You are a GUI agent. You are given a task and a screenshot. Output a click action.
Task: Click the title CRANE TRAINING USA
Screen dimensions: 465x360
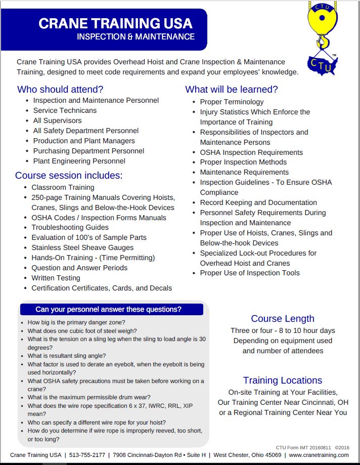click(115, 23)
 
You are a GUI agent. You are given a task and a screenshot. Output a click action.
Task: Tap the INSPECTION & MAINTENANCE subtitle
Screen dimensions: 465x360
click(136, 37)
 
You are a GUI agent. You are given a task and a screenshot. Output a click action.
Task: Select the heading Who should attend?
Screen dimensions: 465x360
click(60, 90)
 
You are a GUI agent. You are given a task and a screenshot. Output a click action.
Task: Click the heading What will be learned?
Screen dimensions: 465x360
click(232, 90)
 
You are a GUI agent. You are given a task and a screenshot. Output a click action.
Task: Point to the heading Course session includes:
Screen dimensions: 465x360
click(69, 176)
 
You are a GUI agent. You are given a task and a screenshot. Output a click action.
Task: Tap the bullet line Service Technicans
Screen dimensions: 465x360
click(65, 110)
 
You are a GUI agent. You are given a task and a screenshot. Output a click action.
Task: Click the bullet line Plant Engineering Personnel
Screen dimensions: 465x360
click(79, 161)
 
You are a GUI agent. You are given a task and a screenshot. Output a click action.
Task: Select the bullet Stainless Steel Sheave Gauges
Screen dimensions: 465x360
click(82, 247)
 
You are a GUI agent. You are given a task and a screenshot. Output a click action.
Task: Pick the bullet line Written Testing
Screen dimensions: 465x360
click(56, 278)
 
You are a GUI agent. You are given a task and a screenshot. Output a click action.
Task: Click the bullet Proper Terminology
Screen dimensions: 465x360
click(232, 102)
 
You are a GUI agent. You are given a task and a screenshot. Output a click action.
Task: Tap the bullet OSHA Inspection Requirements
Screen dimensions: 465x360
click(251, 152)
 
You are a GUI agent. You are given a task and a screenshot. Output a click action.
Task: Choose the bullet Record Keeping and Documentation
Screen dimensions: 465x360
click(258, 202)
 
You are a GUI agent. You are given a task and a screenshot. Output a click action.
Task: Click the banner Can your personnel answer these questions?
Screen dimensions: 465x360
click(108, 309)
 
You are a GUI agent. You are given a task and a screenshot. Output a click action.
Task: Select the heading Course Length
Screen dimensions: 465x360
click(283, 319)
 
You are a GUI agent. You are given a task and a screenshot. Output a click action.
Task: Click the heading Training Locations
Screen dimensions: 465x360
click(283, 381)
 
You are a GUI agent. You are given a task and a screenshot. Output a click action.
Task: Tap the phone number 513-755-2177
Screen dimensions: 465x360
click(88, 455)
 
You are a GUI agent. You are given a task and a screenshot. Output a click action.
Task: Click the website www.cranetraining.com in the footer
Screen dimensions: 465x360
click(319, 455)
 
